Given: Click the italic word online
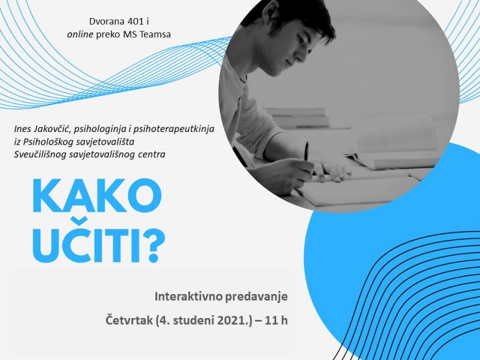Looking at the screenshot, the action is (x=80, y=34).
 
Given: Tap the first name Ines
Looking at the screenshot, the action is (x=22, y=129).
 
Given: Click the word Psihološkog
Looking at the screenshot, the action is (x=50, y=142).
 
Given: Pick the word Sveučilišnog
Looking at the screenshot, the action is (x=40, y=155).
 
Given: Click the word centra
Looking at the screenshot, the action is (x=151, y=155).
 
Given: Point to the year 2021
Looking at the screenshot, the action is (x=233, y=320).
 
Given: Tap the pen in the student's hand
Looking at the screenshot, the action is (x=306, y=152).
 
